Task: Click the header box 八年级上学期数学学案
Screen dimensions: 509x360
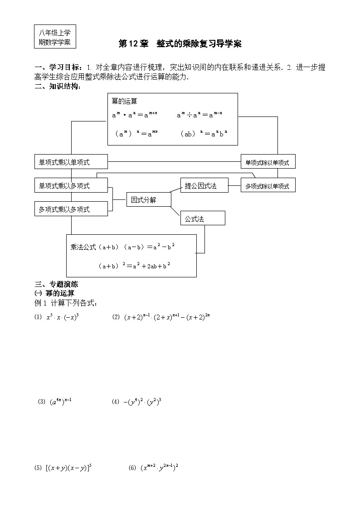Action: (x=54, y=37)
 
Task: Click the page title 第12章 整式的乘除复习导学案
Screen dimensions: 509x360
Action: (x=180, y=44)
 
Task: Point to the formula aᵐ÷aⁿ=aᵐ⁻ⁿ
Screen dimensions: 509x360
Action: (x=199, y=115)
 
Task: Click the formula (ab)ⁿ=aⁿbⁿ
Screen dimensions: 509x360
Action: (x=203, y=134)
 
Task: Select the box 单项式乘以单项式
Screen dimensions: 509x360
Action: (x=71, y=162)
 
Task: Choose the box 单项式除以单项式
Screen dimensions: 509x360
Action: (x=268, y=162)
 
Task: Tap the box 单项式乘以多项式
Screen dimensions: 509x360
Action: (x=71, y=185)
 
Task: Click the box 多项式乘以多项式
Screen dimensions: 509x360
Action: (x=71, y=209)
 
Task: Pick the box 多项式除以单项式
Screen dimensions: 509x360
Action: (x=268, y=186)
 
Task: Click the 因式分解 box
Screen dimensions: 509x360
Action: (x=148, y=199)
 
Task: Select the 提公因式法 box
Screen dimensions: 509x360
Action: (x=204, y=185)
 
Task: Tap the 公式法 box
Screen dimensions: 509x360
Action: (x=203, y=218)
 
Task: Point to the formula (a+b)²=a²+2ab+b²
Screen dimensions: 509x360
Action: (x=134, y=266)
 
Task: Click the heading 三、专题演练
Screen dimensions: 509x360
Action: (x=57, y=285)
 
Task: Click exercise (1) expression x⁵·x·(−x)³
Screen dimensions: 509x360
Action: (x=63, y=318)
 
